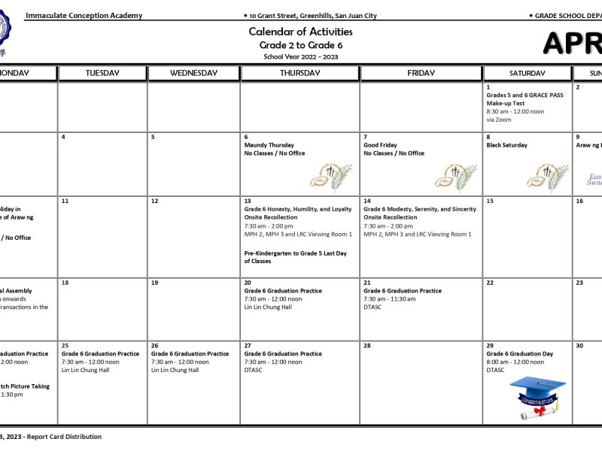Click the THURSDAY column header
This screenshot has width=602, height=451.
point(299,73)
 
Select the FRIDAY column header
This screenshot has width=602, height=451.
point(421,73)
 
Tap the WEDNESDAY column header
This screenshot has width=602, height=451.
point(193,73)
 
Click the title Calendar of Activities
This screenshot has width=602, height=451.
point(300,32)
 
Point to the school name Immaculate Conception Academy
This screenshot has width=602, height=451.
point(84,16)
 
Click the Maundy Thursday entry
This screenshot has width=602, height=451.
point(269,145)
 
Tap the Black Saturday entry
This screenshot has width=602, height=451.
point(506,145)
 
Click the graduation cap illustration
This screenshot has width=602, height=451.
point(537,397)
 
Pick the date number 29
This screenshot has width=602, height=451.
point(490,346)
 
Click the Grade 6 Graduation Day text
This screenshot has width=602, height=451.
point(519,354)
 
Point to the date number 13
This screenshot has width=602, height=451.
point(248,201)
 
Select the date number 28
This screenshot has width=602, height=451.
point(367,346)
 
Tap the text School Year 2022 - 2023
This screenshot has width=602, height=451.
point(300,56)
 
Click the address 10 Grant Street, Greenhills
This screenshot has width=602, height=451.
point(313,16)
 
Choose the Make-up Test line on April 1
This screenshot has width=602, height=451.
point(505,104)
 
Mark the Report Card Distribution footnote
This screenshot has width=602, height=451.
point(64,436)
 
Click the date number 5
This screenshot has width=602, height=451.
point(153,137)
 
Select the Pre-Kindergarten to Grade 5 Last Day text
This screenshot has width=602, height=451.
point(296,253)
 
